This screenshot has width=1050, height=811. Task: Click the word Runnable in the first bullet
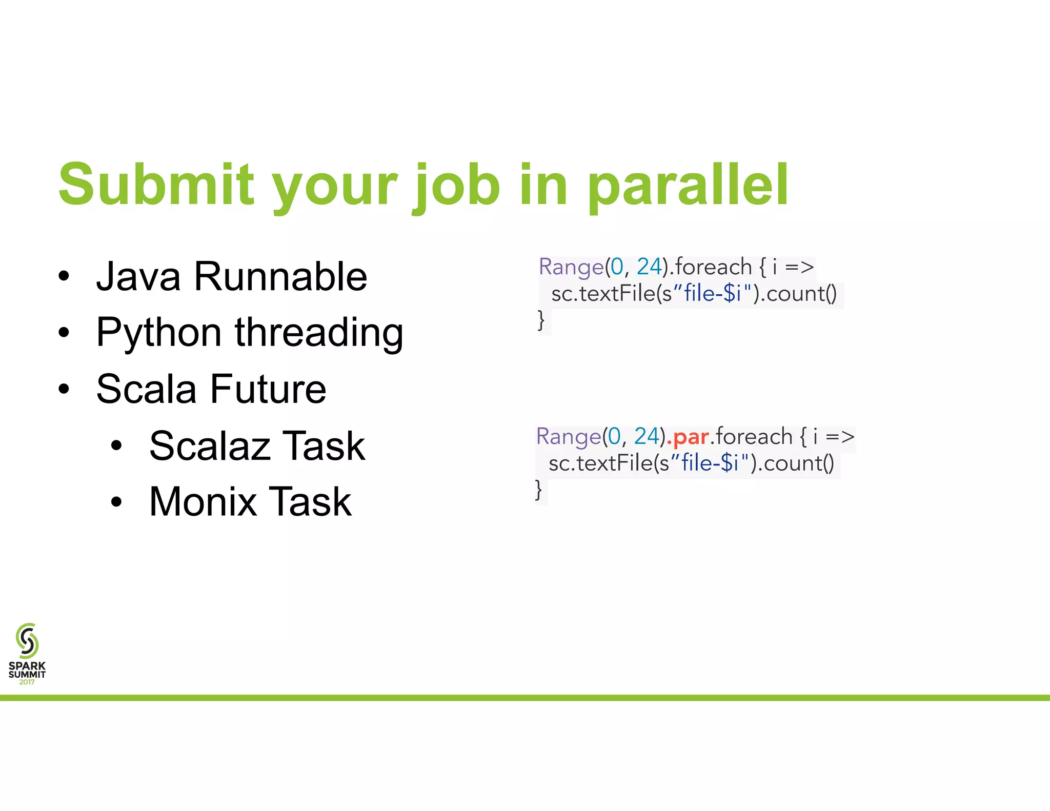click(280, 277)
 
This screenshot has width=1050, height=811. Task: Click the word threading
click(319, 333)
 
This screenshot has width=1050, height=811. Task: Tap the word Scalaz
click(209, 446)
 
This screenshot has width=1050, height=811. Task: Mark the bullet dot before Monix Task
click(116, 502)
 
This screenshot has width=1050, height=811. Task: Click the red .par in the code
click(688, 437)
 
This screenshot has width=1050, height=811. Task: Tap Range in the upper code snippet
click(571, 267)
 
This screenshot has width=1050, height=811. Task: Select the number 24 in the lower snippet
click(646, 436)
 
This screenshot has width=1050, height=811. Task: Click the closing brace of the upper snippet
click(541, 320)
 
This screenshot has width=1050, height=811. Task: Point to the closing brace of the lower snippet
click(538, 490)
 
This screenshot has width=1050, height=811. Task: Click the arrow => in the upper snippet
click(799, 267)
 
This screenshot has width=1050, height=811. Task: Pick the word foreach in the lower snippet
click(754, 437)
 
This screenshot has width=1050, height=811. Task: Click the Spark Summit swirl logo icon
click(27, 641)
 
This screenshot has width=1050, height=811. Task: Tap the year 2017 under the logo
click(27, 682)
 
